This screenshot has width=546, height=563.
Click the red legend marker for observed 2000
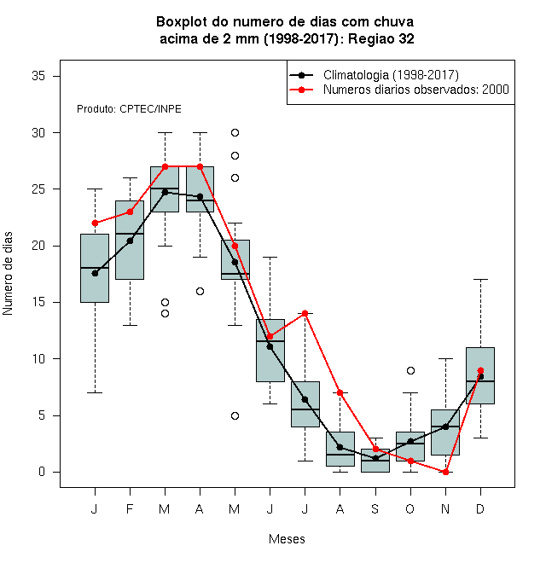[x=302, y=90]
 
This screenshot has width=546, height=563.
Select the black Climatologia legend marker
[x=302, y=75]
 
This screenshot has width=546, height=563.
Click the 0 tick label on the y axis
[x=42, y=472]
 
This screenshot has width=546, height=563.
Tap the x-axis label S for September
[x=375, y=508]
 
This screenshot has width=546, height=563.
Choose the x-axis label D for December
[x=480, y=508]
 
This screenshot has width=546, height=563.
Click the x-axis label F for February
[x=130, y=508]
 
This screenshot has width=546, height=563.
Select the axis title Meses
[x=287, y=539]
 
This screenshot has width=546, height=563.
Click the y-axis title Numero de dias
[x=8, y=274]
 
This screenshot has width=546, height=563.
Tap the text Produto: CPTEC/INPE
[x=129, y=109]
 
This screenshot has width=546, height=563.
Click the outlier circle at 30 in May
[x=235, y=133]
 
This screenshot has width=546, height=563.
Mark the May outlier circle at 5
[x=235, y=415]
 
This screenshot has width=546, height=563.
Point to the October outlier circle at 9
[x=410, y=370]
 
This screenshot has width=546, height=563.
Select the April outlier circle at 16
[x=200, y=291]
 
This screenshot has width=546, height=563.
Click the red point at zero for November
[x=445, y=472]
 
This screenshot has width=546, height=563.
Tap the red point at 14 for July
[x=305, y=313]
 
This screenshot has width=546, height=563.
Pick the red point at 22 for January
[x=95, y=223]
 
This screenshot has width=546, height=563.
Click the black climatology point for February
[x=130, y=241]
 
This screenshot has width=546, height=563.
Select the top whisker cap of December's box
[x=480, y=279]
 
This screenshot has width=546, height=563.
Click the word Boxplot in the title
[x=182, y=22]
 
